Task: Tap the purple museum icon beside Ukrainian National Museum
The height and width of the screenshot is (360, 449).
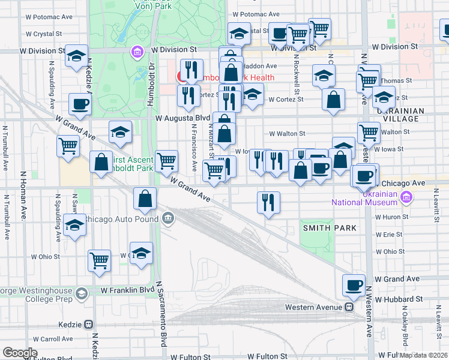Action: pyautogui.click(x=406, y=196)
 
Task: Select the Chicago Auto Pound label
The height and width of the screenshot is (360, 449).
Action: pyautogui.click(x=121, y=219)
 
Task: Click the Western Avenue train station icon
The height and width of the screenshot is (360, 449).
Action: pyautogui.click(x=348, y=307)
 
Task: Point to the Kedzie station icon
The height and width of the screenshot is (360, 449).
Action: pyautogui.click(x=89, y=324)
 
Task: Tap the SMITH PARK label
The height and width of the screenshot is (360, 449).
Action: pyautogui.click(x=330, y=228)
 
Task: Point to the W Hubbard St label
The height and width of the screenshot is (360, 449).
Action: pyautogui.click(x=399, y=298)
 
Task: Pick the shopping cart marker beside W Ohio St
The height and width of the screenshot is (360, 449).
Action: pyautogui.click(x=99, y=260)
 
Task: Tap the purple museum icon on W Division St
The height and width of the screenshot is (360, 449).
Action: pyautogui.click(x=137, y=52)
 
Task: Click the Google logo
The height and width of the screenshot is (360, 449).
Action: pyautogui.click(x=20, y=353)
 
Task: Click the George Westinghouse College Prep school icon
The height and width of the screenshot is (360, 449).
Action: pyautogui.click(x=82, y=294)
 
